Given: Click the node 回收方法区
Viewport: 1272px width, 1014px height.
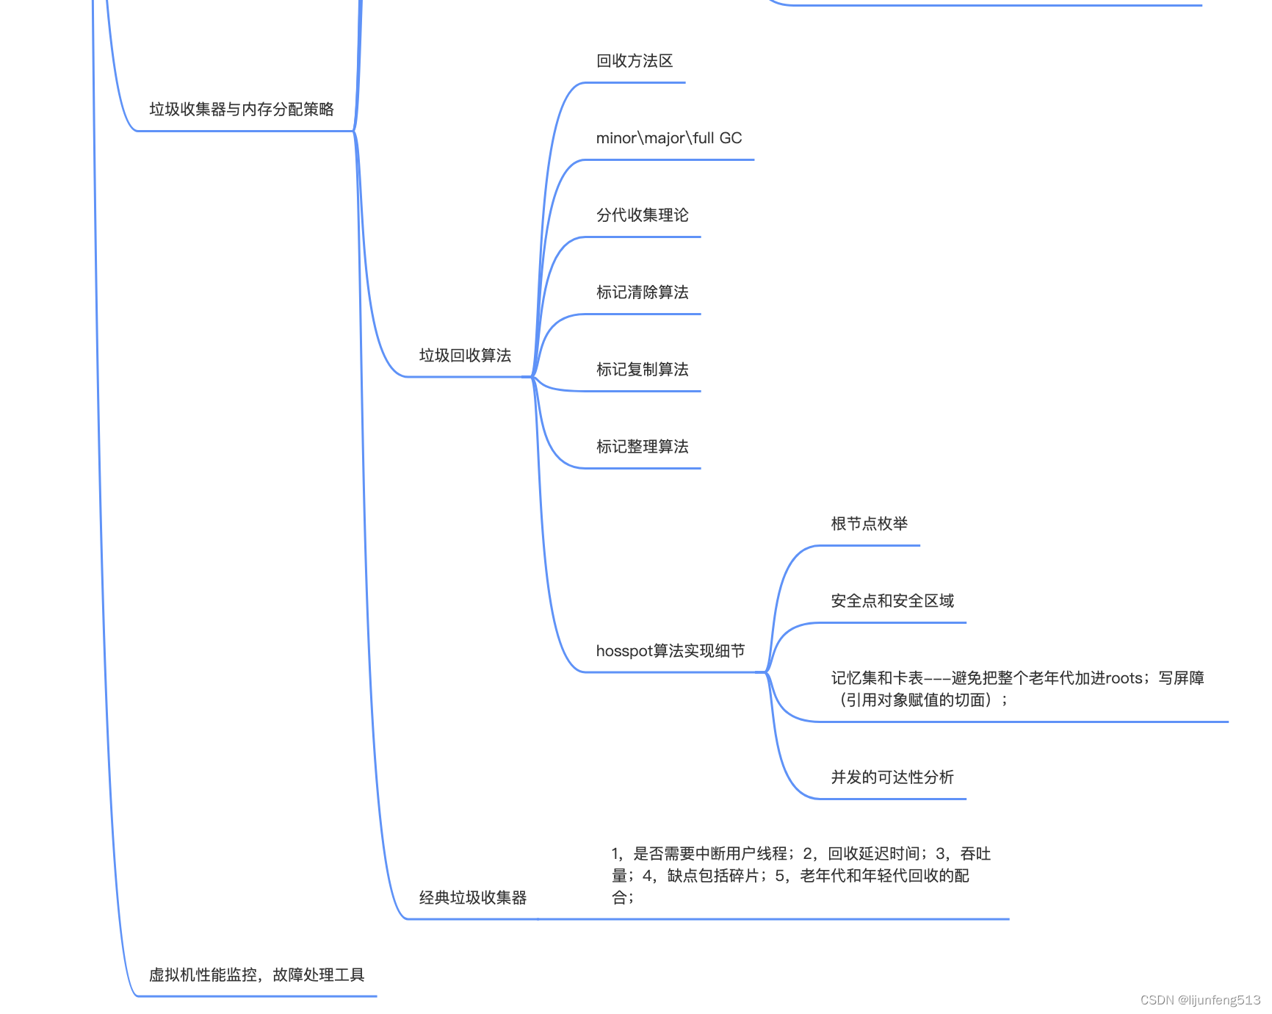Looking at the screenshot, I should [x=635, y=61].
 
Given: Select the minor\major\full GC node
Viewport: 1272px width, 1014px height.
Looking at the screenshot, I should [x=668, y=138].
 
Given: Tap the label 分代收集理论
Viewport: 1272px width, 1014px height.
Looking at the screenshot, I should [x=642, y=215].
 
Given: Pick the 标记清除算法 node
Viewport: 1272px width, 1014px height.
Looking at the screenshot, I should [x=642, y=292].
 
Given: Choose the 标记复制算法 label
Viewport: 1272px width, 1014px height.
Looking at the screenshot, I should [x=642, y=370].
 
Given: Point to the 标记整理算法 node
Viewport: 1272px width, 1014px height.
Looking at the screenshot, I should [x=642, y=447].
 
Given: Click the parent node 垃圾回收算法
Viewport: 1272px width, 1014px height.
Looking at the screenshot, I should [x=465, y=356].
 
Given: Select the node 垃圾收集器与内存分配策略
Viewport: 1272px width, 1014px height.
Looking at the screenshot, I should [x=242, y=109].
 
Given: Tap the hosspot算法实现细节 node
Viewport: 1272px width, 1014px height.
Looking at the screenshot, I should [x=670, y=651].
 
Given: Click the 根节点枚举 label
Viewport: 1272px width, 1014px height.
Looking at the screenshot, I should [x=869, y=524].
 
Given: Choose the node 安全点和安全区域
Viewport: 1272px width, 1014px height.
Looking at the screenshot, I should [x=892, y=601].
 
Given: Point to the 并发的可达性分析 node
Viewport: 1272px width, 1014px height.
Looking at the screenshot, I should [x=892, y=777].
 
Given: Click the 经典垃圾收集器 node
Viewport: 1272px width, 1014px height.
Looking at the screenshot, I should [x=473, y=898].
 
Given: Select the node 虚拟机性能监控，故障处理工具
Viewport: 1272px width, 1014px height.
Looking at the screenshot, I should [x=256, y=975].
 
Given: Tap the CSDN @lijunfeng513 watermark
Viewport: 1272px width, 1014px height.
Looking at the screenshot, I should [x=1200, y=1000].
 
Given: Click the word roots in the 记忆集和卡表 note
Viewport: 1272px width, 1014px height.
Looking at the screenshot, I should [x=1124, y=678].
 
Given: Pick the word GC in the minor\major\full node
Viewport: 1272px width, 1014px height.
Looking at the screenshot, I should [x=730, y=138].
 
